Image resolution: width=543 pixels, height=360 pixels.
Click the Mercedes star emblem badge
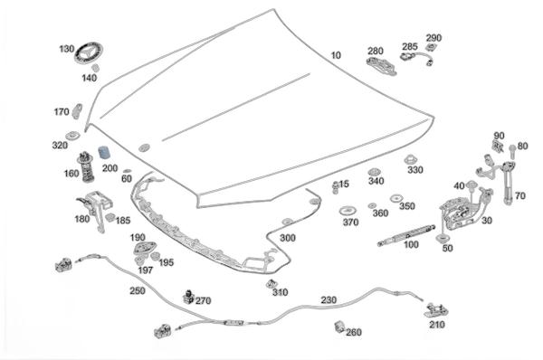[89, 53]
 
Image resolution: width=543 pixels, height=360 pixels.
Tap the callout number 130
[66, 49]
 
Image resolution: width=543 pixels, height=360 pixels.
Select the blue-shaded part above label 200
[104, 152]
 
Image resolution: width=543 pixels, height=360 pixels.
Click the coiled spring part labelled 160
[86, 167]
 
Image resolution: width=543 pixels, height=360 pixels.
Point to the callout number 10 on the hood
[336, 55]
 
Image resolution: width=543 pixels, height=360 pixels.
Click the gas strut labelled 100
[405, 234]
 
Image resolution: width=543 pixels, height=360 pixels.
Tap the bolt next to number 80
[512, 152]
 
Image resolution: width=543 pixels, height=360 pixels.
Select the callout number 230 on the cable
[329, 299]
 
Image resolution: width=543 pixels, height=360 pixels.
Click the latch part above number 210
[436, 309]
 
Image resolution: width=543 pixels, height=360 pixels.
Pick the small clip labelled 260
[339, 326]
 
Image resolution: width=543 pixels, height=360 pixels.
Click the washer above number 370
[348, 211]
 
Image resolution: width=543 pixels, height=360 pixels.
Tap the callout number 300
[288, 238]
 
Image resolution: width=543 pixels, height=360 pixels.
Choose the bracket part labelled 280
[381, 66]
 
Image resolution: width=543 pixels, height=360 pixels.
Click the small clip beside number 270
[188, 297]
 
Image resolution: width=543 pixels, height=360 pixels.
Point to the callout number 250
[138, 290]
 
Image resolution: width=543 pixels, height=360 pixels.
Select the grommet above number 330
[410, 159]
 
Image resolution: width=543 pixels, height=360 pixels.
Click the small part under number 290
[431, 47]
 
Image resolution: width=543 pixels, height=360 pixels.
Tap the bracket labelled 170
[77, 111]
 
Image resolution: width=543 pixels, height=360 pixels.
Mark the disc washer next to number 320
[72, 136]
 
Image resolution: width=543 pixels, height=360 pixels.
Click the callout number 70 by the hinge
[519, 196]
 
